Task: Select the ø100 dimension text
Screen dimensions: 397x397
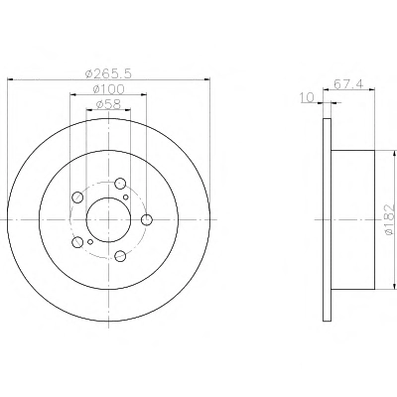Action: pyautogui.click(x=108, y=89)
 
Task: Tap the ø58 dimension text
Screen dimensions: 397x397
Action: pyautogui.click(x=108, y=104)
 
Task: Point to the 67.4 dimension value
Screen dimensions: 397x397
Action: pyautogui.click(x=348, y=84)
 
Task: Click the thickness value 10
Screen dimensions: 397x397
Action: pyautogui.click(x=307, y=97)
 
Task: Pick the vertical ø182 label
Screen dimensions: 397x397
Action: pyautogui.click(x=390, y=219)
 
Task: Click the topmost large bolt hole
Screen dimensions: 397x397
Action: pyautogui.click(x=120, y=183)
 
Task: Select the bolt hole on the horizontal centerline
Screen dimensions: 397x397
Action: pyautogui.click(x=146, y=219)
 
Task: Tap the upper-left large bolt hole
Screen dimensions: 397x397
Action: pyautogui.click(x=77, y=198)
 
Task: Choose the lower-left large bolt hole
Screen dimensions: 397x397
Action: pyautogui.click(x=77, y=242)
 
